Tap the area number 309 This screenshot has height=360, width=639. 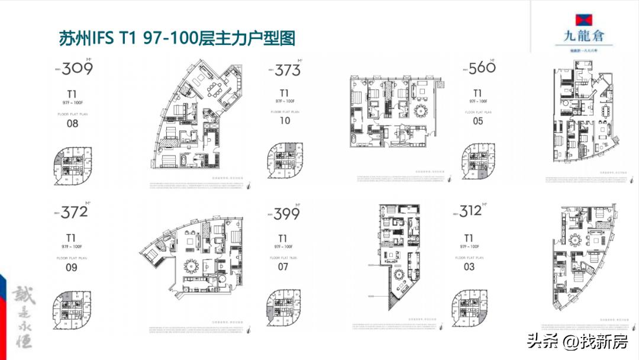tap(77, 69)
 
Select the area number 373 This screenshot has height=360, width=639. tap(288, 70)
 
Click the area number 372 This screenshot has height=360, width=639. tap(74, 211)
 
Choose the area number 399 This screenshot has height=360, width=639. tap(286, 213)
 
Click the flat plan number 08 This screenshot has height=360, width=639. tap(72, 124)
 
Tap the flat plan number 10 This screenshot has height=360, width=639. tap(285, 121)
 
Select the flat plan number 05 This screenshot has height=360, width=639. tap(478, 121)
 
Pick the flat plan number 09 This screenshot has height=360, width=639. tap(72, 267)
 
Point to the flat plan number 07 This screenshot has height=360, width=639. tap(283, 266)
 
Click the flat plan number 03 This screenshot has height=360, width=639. tap(469, 266)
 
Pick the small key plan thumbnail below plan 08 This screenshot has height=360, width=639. tap(72, 163)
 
